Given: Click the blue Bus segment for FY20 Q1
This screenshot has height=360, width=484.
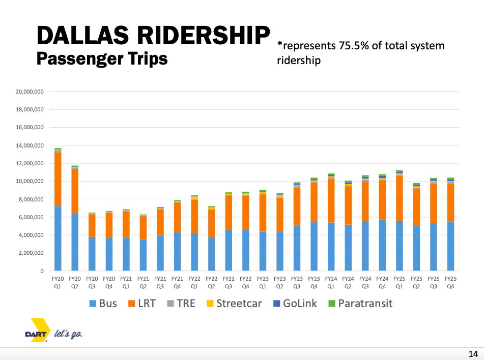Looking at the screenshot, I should (x=58, y=238).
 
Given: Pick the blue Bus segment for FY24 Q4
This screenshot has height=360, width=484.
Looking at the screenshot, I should (x=382, y=245).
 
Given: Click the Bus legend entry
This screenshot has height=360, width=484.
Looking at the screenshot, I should (x=103, y=304).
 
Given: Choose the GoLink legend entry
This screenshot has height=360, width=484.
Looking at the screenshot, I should (x=295, y=304).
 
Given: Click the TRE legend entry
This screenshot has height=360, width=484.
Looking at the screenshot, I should (x=180, y=304).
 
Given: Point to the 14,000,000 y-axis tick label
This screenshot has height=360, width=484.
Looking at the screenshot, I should (x=29, y=145).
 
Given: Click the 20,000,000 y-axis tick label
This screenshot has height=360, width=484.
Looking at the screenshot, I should (x=29, y=92).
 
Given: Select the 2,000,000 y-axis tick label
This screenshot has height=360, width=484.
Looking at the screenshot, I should (x=31, y=253).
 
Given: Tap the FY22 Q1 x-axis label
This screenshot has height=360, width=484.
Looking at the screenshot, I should (x=194, y=282).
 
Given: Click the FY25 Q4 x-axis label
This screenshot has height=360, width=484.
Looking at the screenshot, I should (x=450, y=282).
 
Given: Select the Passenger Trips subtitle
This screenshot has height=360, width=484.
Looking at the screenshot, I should (x=102, y=58).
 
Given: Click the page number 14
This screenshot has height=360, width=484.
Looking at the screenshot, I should (x=472, y=353).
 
